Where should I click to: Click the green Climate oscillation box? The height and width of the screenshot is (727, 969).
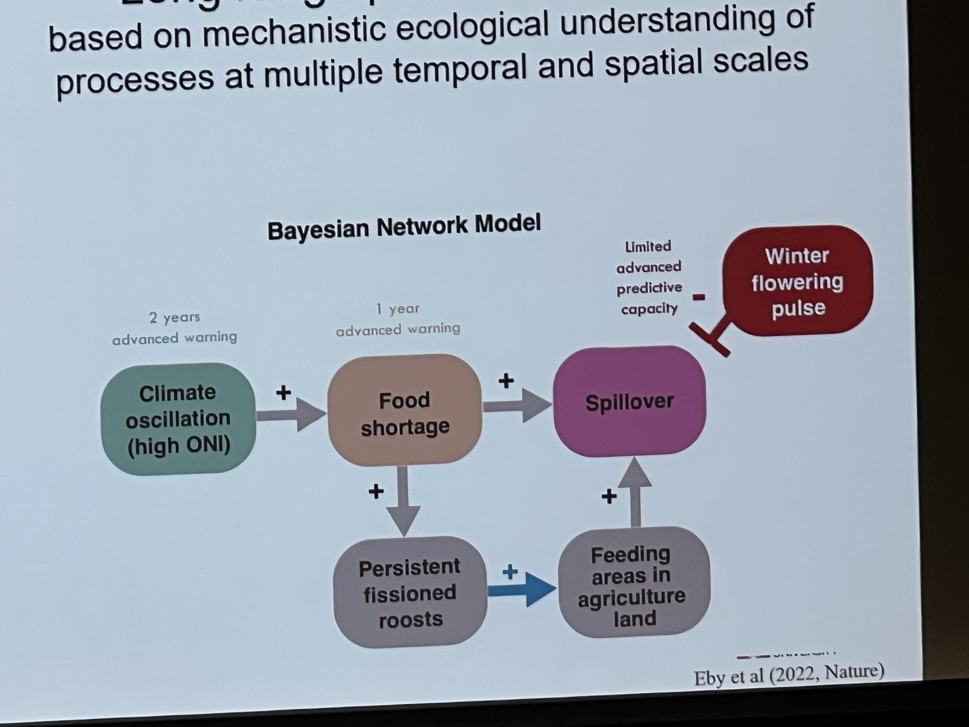pyautogui.click(x=178, y=419)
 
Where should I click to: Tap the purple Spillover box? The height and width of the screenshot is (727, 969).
pyautogui.click(x=629, y=402)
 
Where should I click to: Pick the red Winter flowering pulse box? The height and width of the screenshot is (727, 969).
pyautogui.click(x=797, y=282)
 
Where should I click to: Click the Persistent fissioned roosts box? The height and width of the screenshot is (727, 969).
pyautogui.click(x=410, y=593)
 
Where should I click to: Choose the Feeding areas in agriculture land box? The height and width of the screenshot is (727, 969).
pyautogui.click(x=633, y=584)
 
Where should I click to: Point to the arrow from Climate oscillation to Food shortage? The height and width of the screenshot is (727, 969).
pyautogui.click(x=291, y=414)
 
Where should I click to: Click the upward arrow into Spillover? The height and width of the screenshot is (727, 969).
pyautogui.click(x=635, y=492)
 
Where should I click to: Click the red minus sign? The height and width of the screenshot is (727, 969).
pyautogui.click(x=699, y=297)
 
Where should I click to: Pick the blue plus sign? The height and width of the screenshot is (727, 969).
pyautogui.click(x=510, y=572)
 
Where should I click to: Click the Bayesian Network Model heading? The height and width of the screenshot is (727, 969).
pyautogui.click(x=404, y=227)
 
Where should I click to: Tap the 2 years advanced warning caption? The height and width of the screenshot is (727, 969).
pyautogui.click(x=174, y=328)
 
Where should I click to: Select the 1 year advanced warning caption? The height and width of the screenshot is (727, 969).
pyautogui.click(x=398, y=319)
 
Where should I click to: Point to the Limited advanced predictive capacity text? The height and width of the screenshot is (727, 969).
pyautogui.click(x=649, y=277)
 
